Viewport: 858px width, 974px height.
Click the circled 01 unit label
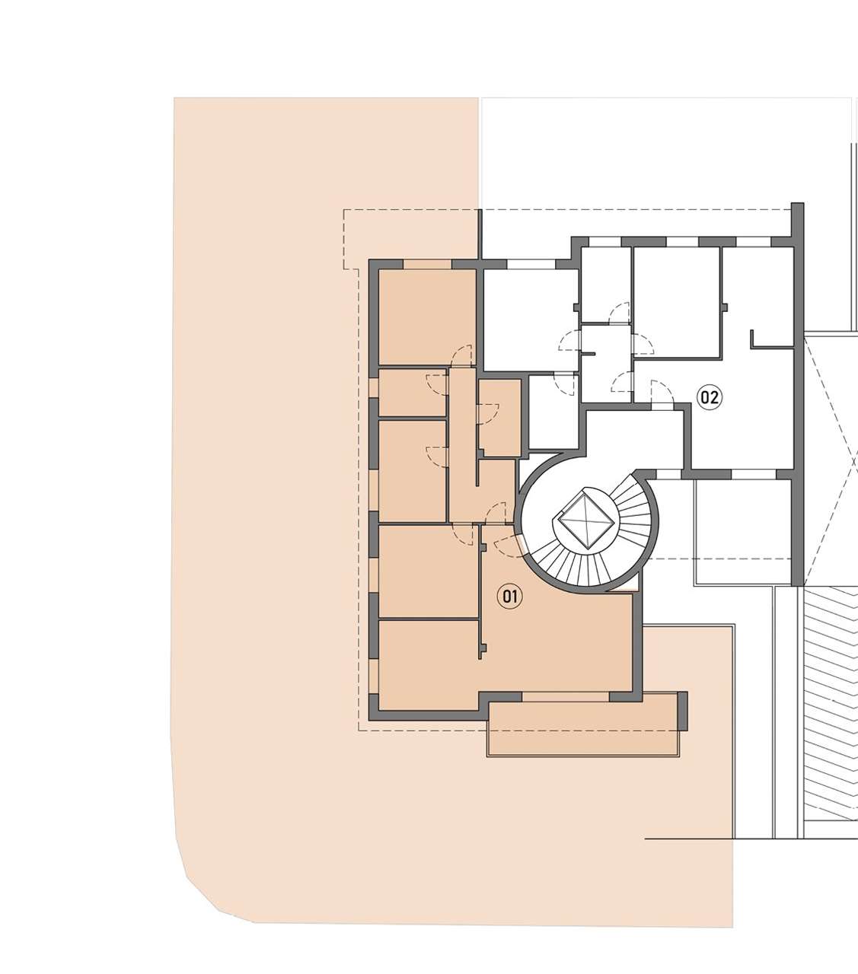click(510, 597)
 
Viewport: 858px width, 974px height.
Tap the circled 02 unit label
click(710, 397)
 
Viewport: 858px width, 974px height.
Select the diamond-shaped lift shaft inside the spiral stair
click(585, 517)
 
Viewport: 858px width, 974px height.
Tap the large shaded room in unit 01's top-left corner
click(426, 317)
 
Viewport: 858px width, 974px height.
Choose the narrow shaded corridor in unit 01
click(461, 444)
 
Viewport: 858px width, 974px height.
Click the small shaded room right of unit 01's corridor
click(500, 418)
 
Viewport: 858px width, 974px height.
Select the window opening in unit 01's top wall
click(428, 264)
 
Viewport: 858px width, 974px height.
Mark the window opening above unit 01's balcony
click(566, 696)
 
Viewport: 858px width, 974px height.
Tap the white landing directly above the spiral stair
click(635, 438)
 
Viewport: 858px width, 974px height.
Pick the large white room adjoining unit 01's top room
click(531, 320)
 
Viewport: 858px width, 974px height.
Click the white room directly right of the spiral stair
click(743, 518)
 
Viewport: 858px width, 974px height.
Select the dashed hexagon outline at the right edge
click(831, 462)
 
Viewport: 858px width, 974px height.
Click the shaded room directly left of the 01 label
click(429, 571)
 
